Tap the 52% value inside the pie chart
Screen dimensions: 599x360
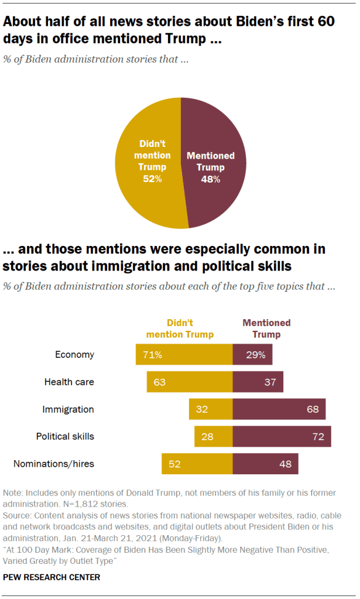pos(152,179)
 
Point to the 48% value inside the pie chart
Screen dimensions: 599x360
pos(211,179)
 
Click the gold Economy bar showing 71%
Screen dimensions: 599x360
pos(184,355)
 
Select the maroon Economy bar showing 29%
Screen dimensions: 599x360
pos(252,355)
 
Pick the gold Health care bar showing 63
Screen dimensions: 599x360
pos(190,382)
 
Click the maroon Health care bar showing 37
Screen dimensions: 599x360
pos(258,382)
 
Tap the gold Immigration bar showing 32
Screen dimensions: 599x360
pos(211,409)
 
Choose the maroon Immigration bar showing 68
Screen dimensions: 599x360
pos(279,409)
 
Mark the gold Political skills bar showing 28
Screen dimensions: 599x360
pos(214,436)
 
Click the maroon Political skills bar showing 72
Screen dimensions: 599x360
pos(282,436)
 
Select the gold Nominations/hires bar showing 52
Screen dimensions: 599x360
pos(197,464)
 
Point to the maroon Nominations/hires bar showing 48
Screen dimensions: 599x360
pos(265,464)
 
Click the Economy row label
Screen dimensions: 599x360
pos(74,355)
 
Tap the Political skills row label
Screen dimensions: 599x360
pos(65,436)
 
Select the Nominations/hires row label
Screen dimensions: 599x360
pos(54,464)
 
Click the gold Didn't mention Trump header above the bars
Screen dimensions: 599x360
pos(180,329)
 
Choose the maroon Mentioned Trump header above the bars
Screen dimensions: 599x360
pos(266,329)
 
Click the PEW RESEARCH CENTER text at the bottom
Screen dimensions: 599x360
pos(52,577)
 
